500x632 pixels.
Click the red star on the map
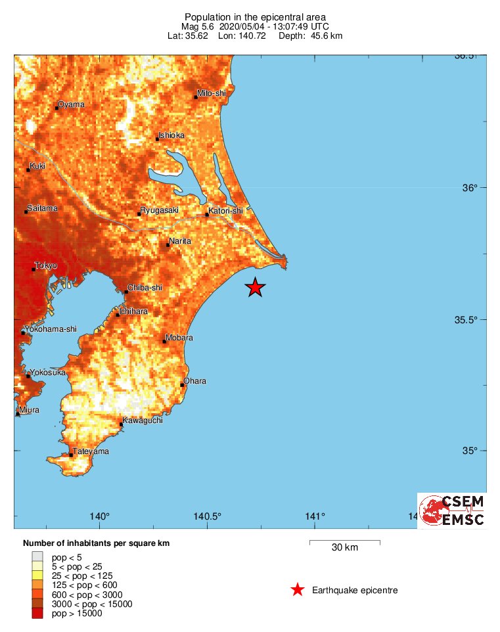click(255, 287)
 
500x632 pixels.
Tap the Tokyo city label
click(47, 265)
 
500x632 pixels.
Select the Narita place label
click(180, 242)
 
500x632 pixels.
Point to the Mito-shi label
click(212, 94)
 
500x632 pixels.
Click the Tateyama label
click(91, 451)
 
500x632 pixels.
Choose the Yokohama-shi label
click(51, 329)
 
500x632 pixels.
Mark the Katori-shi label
click(225, 211)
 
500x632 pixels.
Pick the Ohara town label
click(195, 381)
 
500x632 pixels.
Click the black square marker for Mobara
click(164, 342)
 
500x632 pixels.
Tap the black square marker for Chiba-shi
click(126, 292)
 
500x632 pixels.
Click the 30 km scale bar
click(344, 541)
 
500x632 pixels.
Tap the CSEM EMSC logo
click(452, 510)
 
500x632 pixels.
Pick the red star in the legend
click(298, 590)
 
